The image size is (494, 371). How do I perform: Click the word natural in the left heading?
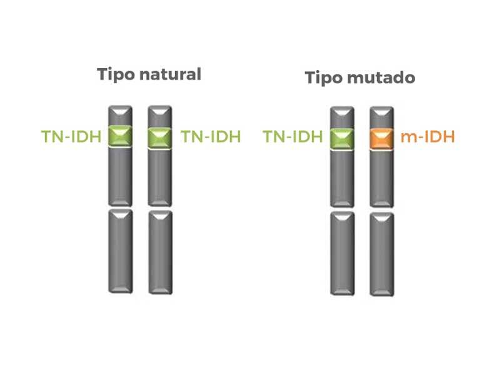tap(170, 74)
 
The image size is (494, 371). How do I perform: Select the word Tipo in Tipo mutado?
tap(324, 78)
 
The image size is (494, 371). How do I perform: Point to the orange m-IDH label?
tap(427, 136)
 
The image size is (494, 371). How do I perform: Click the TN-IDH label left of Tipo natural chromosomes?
tap(71, 136)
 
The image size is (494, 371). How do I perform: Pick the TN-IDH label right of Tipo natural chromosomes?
tap(210, 136)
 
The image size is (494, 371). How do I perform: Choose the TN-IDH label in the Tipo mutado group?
tap(293, 136)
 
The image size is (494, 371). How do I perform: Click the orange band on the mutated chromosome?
tap(381, 137)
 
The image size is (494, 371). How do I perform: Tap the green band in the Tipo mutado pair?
tap(342, 137)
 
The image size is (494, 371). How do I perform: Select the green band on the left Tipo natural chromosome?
tap(120, 136)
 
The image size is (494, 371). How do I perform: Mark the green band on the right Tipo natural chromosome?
tap(159, 136)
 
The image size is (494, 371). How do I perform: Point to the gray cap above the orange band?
tap(381, 116)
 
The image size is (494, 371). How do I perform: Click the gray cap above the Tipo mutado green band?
tap(342, 116)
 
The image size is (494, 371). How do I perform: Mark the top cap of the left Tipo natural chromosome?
tap(120, 116)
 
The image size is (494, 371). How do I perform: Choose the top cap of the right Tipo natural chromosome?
tap(159, 116)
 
